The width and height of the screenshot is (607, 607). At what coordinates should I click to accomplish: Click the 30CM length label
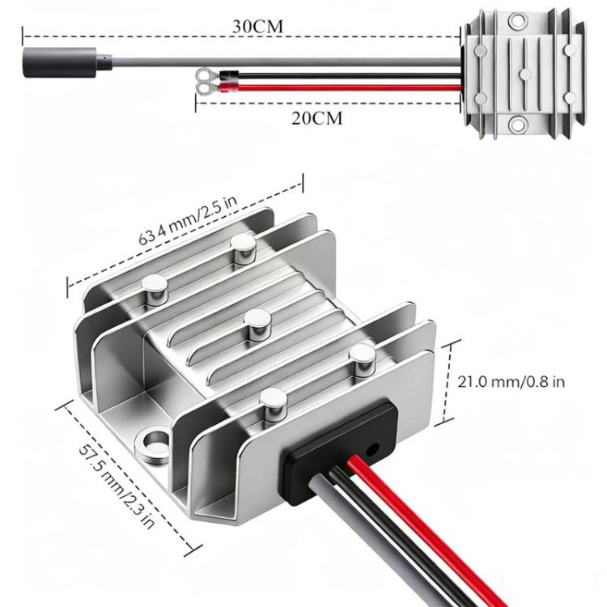click(x=257, y=25)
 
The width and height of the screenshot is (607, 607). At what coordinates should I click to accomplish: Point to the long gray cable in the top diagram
click(x=283, y=61)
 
